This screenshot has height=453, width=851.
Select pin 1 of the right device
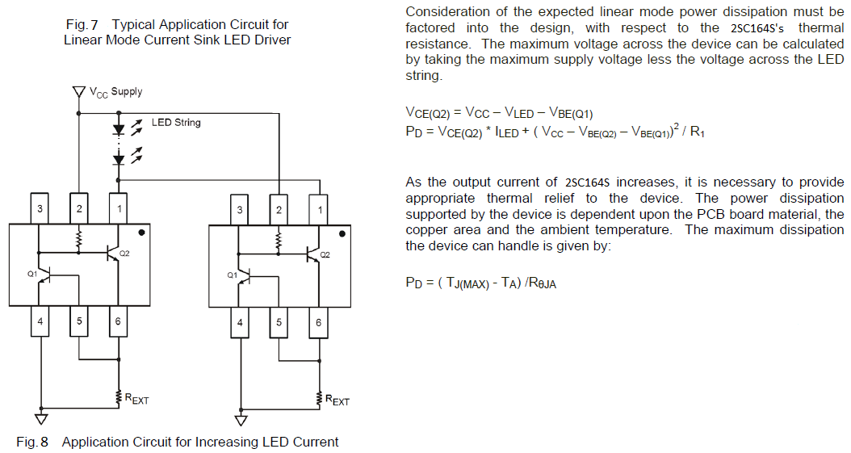(321, 210)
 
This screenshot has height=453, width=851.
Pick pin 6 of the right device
(318, 322)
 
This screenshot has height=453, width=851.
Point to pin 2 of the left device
(79, 210)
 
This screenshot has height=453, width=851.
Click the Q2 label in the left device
(124, 254)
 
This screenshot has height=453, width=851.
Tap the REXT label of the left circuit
(136, 399)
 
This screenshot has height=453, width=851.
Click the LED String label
(176, 123)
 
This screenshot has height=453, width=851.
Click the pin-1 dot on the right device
(342, 233)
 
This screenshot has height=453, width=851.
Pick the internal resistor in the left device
(79, 239)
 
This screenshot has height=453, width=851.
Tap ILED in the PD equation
(507, 133)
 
